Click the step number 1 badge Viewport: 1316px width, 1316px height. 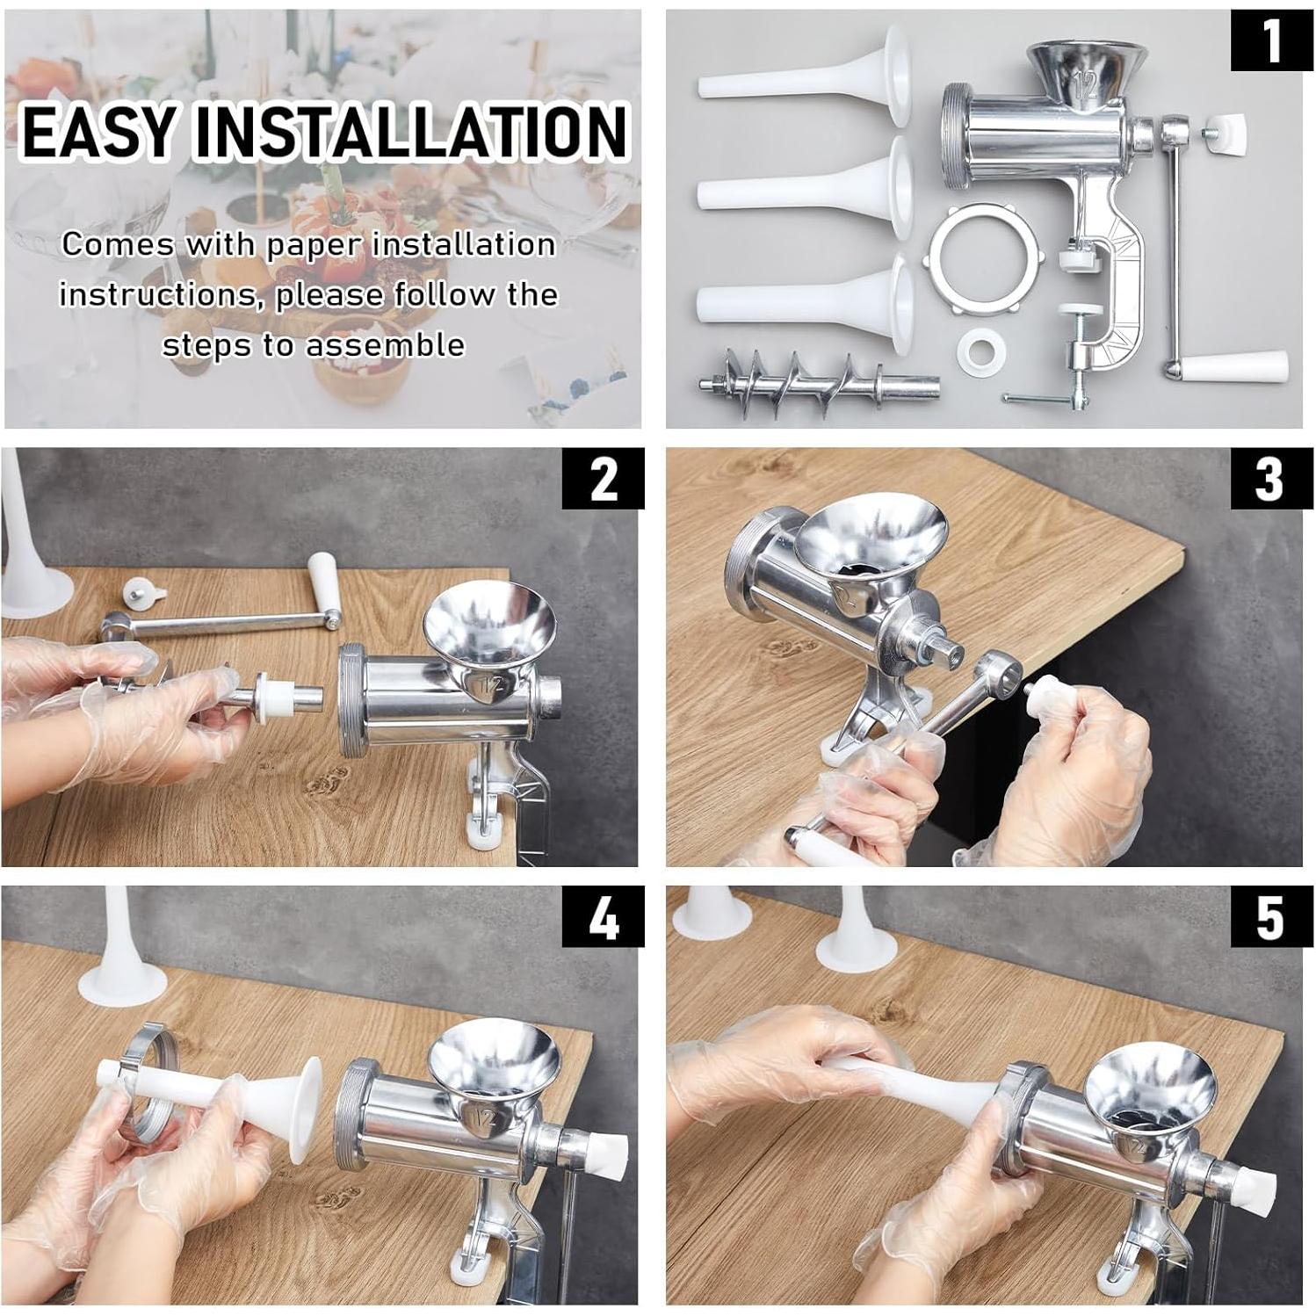point(1269,40)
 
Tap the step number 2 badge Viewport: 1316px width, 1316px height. point(603,479)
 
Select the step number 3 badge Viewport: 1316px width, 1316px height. point(1269,479)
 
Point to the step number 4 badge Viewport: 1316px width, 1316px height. point(603,917)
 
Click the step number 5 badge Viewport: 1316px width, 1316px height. point(1269,917)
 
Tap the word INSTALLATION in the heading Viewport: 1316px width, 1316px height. point(411,132)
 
